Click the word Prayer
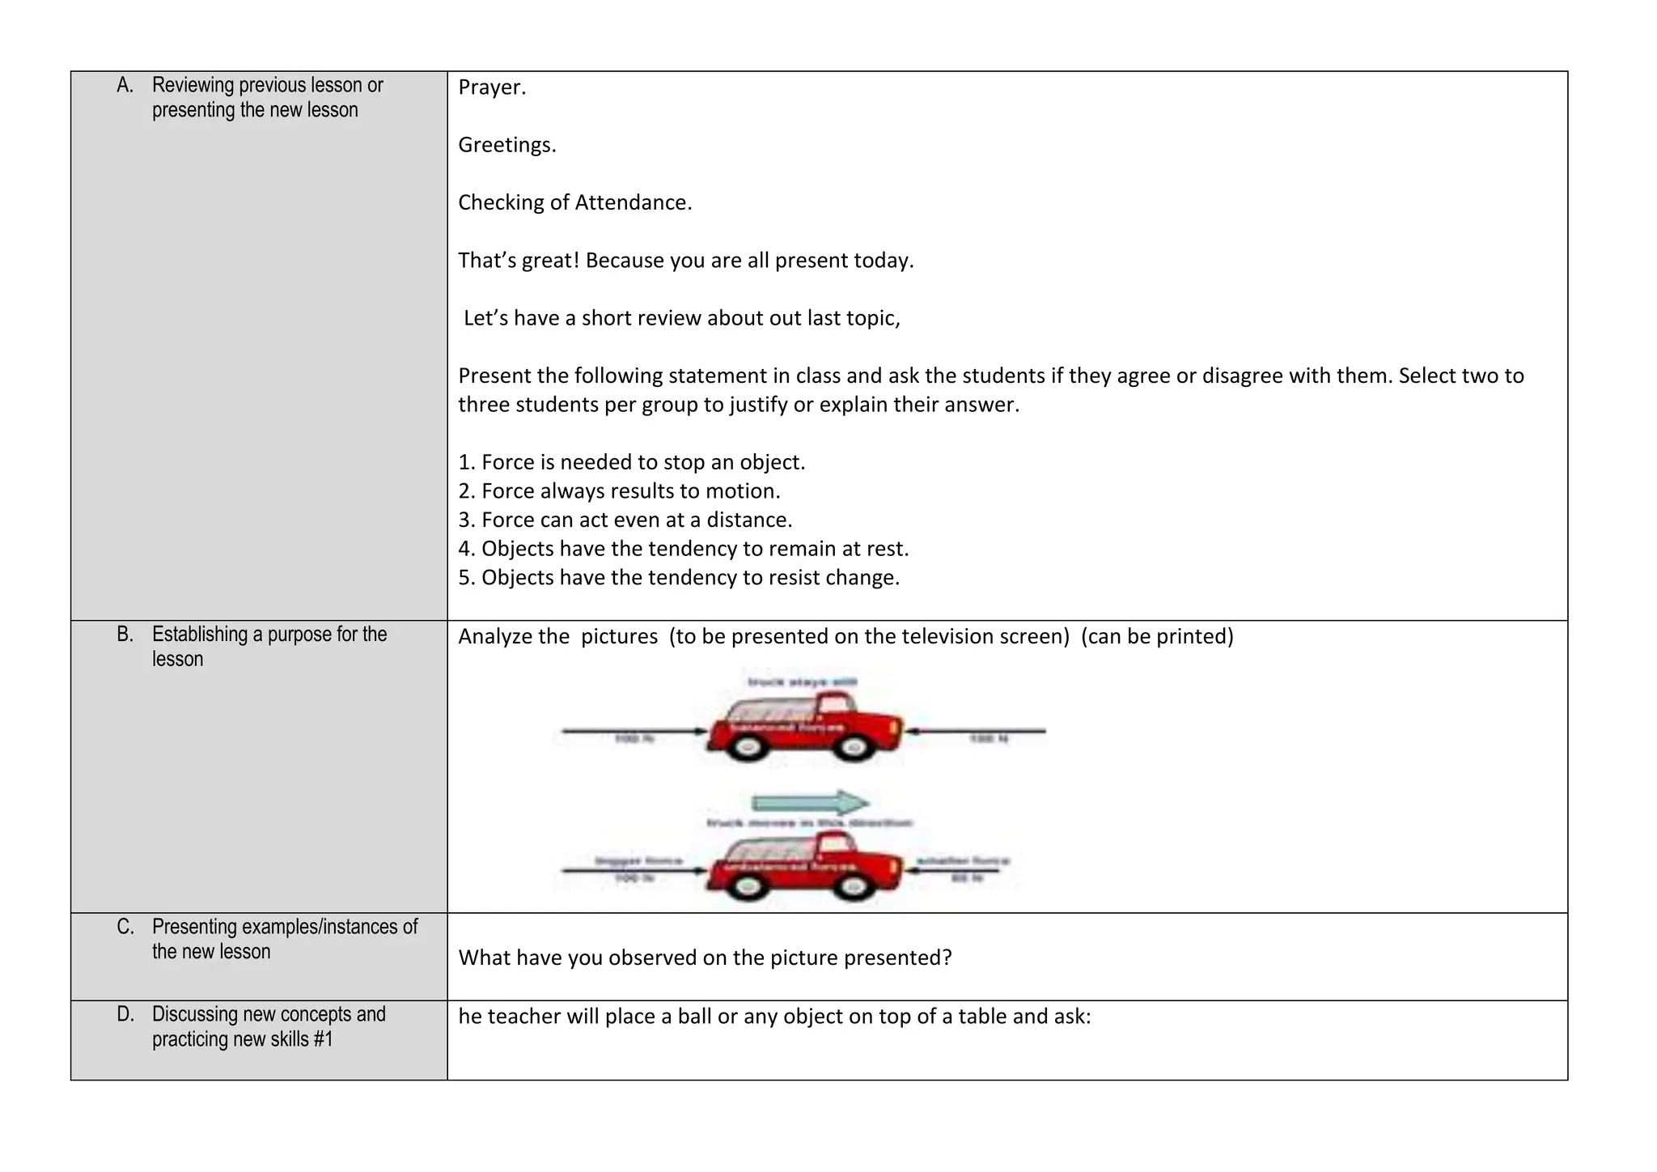(x=491, y=87)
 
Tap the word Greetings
(x=506, y=145)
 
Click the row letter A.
(x=125, y=85)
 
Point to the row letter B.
(x=125, y=635)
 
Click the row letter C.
(x=125, y=927)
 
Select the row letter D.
(x=125, y=1014)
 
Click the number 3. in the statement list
(x=466, y=520)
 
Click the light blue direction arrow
(x=810, y=803)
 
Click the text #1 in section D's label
(x=322, y=1039)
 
